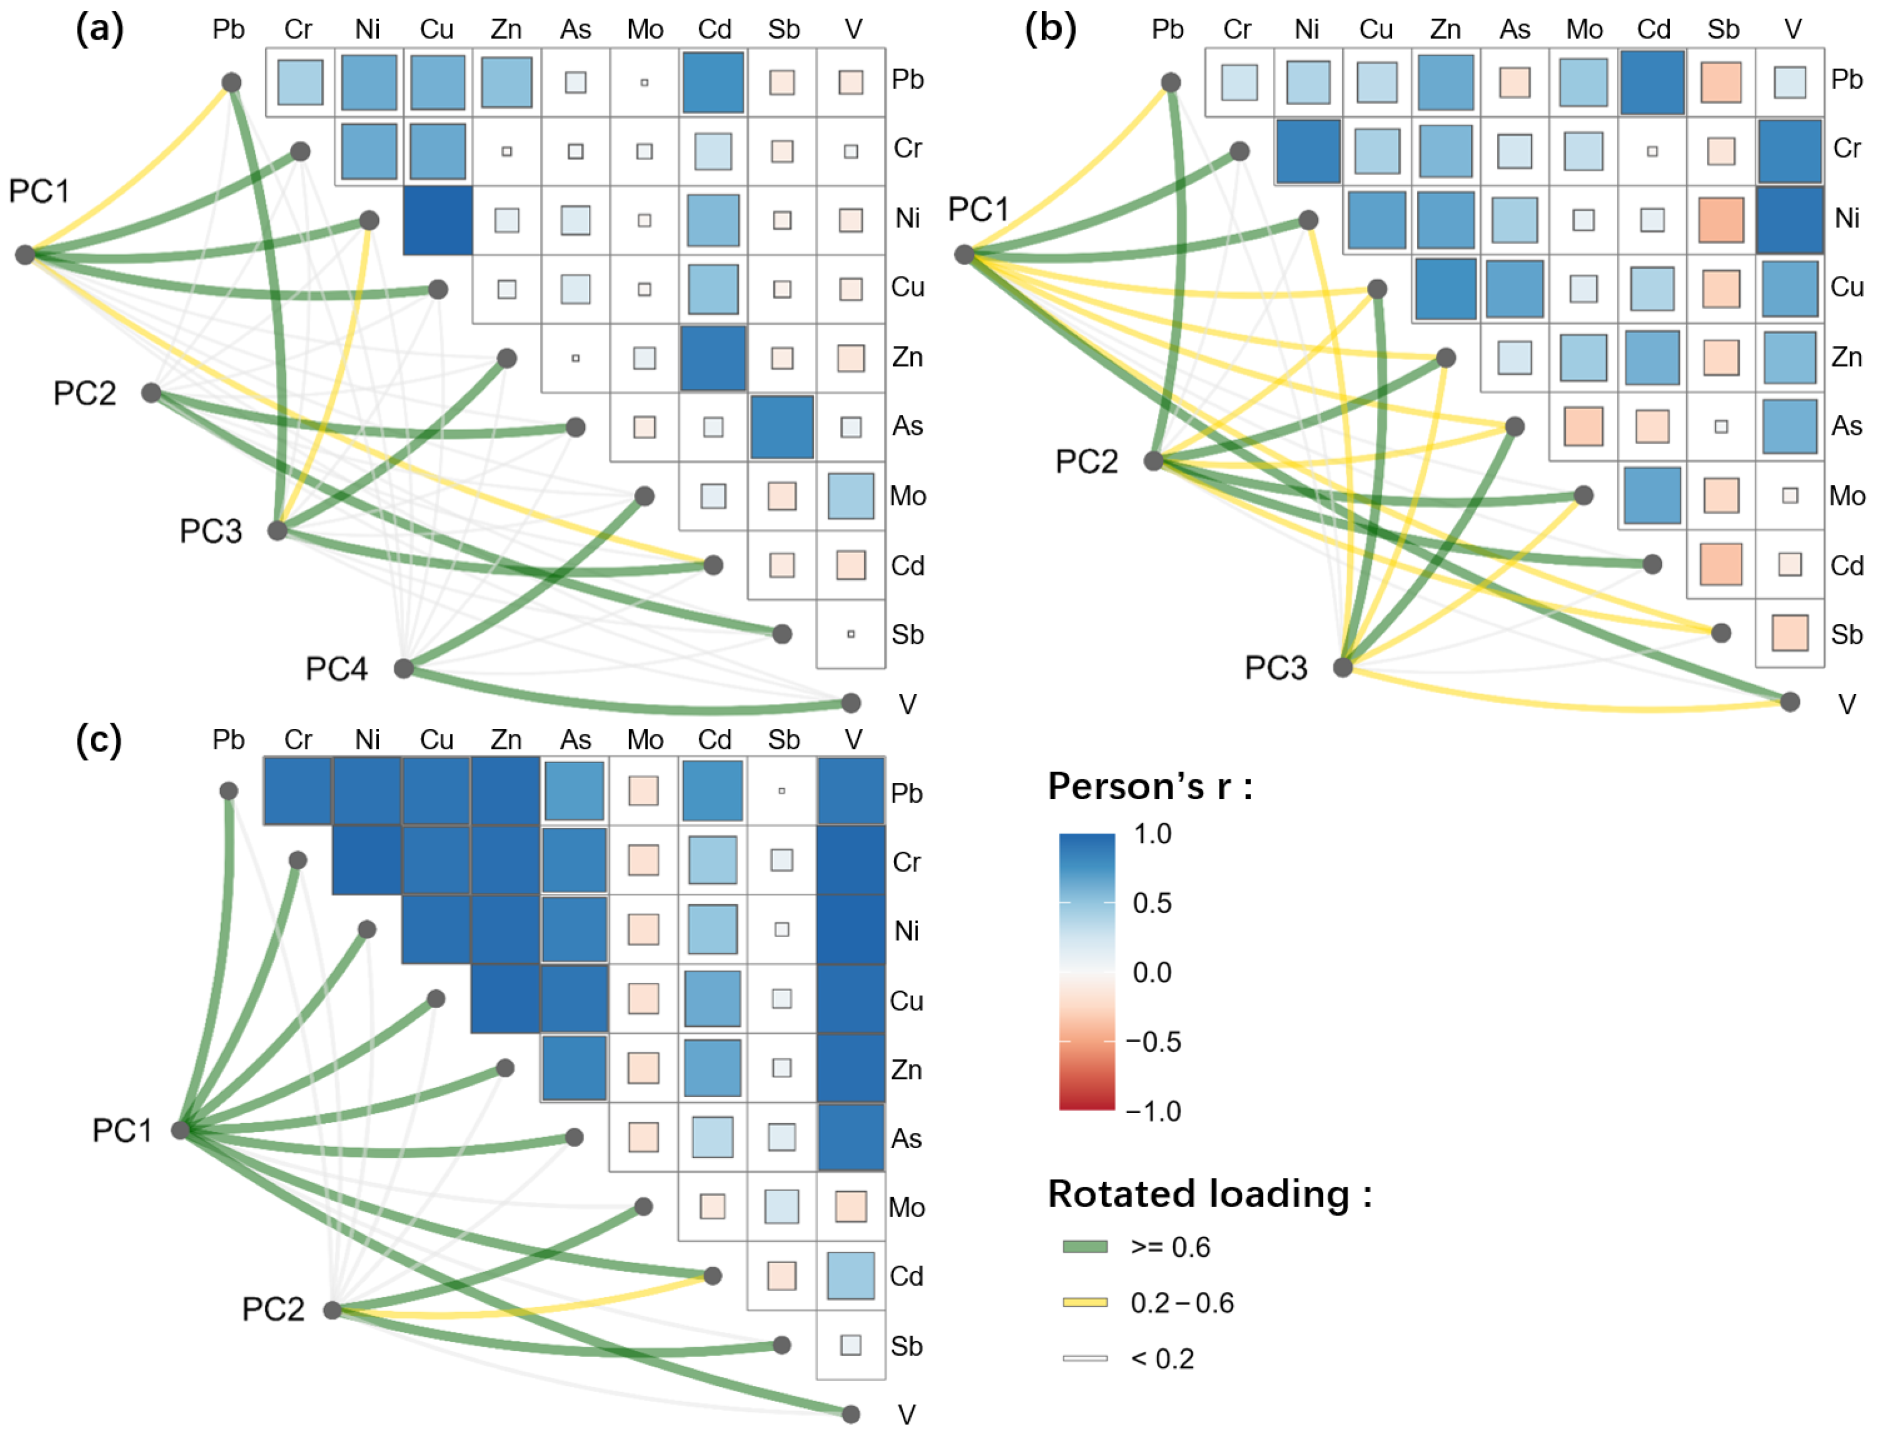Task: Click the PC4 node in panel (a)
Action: [x=403, y=668]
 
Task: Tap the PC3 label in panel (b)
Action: [x=1275, y=668]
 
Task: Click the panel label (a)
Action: [x=99, y=29]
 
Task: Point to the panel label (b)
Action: [x=1049, y=29]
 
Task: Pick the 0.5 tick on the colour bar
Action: [x=1152, y=902]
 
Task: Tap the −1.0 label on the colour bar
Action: [x=1153, y=1111]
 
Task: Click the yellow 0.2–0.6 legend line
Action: [x=1084, y=1303]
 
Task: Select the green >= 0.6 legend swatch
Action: [x=1084, y=1247]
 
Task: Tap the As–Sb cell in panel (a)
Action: [x=782, y=427]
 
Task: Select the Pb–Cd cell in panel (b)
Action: [x=1652, y=82]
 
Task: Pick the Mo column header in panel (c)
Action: [x=644, y=740]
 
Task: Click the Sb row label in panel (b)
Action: [x=1846, y=634]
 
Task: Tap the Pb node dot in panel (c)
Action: [x=228, y=790]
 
